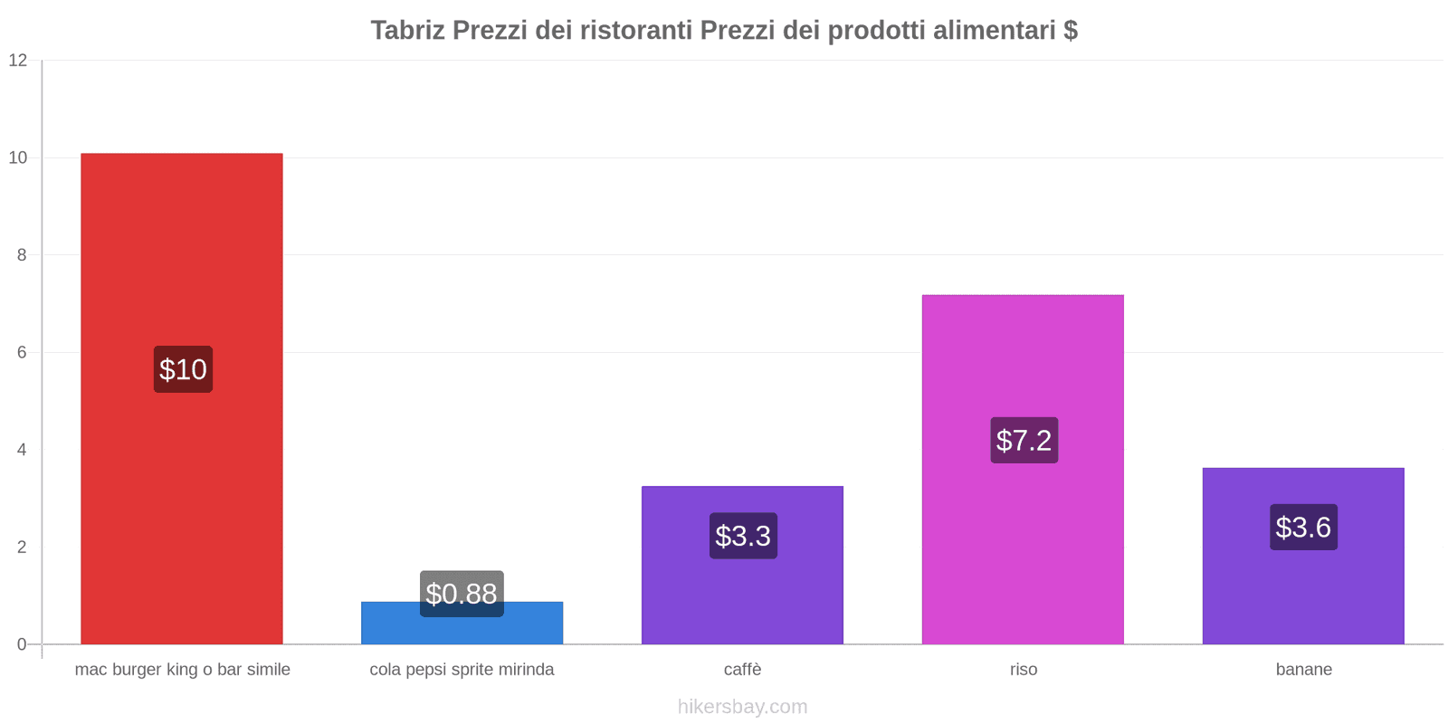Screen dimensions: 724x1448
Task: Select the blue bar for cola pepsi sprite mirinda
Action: pyautogui.click(x=462, y=630)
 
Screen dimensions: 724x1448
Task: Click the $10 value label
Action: pyautogui.click(x=183, y=369)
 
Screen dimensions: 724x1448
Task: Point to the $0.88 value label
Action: pyautogui.click(x=462, y=594)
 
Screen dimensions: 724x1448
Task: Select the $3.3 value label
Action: pyautogui.click(x=743, y=536)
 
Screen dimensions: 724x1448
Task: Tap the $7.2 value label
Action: pyautogui.click(x=1024, y=441)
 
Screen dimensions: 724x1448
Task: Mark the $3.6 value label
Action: pyautogui.click(x=1303, y=528)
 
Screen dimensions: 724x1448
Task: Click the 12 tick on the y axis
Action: pyautogui.click(x=18, y=61)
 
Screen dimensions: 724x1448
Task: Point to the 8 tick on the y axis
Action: pyautogui.click(x=22, y=255)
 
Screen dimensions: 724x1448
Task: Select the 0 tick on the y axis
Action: pyautogui.click(x=22, y=644)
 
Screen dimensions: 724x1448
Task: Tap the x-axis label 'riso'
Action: pyautogui.click(x=1024, y=670)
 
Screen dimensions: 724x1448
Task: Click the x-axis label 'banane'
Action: pyautogui.click(x=1303, y=670)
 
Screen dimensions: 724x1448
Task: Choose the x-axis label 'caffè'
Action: pyautogui.click(x=742, y=670)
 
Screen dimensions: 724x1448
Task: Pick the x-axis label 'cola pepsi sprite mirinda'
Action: pyautogui.click(x=462, y=670)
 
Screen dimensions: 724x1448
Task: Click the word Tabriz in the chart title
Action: pyautogui.click(x=407, y=31)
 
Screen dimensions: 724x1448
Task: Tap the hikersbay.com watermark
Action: pyautogui.click(x=742, y=707)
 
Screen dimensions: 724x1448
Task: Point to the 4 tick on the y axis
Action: pyautogui.click(x=22, y=450)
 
